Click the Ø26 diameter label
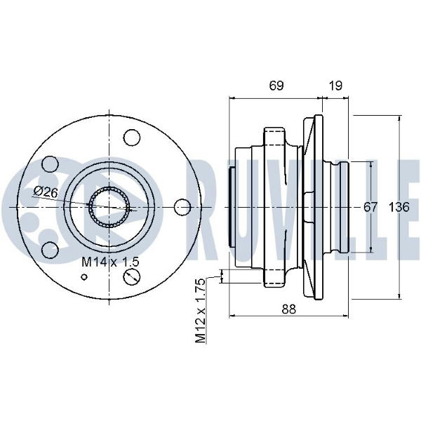[x=46, y=192]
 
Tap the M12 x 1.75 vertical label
[x=200, y=310]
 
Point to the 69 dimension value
[x=276, y=86]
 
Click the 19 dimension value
[x=335, y=86]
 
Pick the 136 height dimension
[x=399, y=207]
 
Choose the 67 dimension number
[x=370, y=207]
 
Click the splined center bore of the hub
[x=109, y=207]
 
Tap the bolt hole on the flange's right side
[x=182, y=207]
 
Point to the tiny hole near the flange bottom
[x=85, y=276]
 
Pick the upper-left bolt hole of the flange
[x=50, y=164]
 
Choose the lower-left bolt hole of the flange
[x=50, y=249]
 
